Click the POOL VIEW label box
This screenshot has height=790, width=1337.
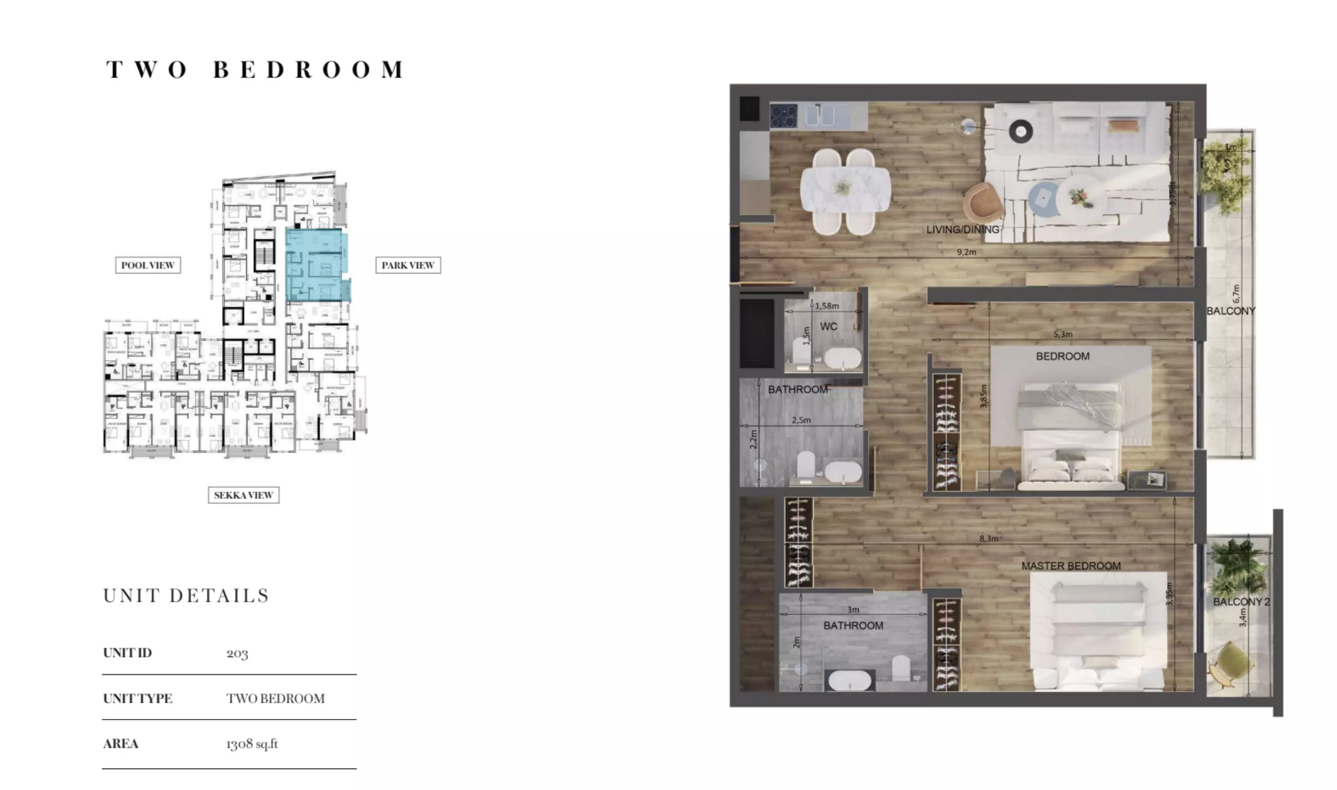pyautogui.click(x=148, y=265)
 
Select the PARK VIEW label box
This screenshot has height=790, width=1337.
pyautogui.click(x=407, y=265)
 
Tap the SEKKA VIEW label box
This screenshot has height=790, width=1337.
pyautogui.click(x=243, y=495)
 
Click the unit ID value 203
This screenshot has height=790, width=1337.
pyautogui.click(x=237, y=653)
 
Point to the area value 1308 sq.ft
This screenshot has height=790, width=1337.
pyautogui.click(x=251, y=743)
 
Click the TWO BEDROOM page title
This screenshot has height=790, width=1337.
pyautogui.click(x=255, y=70)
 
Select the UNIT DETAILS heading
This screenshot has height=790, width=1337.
pyautogui.click(x=186, y=595)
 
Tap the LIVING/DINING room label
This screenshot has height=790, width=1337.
pyautogui.click(x=962, y=230)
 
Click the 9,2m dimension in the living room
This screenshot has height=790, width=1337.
pyautogui.click(x=966, y=252)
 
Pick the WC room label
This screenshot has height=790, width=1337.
pyautogui.click(x=828, y=326)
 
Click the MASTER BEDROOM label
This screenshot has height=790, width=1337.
pyautogui.click(x=1070, y=566)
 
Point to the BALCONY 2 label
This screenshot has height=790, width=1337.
pyautogui.click(x=1241, y=602)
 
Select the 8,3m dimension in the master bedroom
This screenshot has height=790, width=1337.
pyautogui.click(x=989, y=538)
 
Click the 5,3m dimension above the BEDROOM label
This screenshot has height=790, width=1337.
pyautogui.click(x=1062, y=334)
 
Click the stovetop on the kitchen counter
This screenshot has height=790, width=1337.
pyautogui.click(x=784, y=116)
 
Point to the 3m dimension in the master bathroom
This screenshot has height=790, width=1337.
pyautogui.click(x=852, y=610)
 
